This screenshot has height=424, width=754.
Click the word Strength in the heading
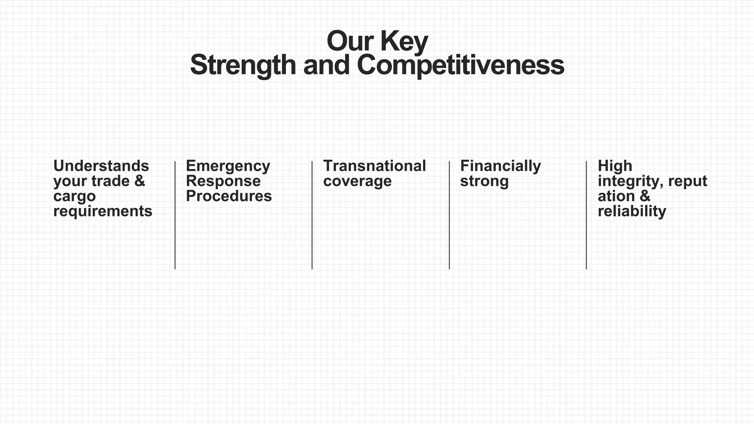click(243, 65)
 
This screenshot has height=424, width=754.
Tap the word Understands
click(101, 166)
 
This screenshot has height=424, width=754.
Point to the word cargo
click(74, 196)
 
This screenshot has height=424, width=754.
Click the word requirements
click(103, 211)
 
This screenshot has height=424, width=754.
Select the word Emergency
click(228, 166)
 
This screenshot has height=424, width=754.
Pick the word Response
click(223, 181)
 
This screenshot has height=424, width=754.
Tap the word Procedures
click(229, 196)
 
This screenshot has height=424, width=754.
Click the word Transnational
click(374, 166)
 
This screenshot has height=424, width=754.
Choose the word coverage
click(357, 181)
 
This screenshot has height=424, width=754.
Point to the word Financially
click(500, 166)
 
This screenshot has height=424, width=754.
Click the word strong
click(484, 181)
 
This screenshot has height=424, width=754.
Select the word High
click(615, 166)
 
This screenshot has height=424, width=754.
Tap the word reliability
click(632, 211)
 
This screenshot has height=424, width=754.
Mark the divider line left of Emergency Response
click(175, 215)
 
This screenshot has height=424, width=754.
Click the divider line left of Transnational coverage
click(312, 215)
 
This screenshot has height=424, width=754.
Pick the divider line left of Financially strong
click(449, 215)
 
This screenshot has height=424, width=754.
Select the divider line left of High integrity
click(586, 215)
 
